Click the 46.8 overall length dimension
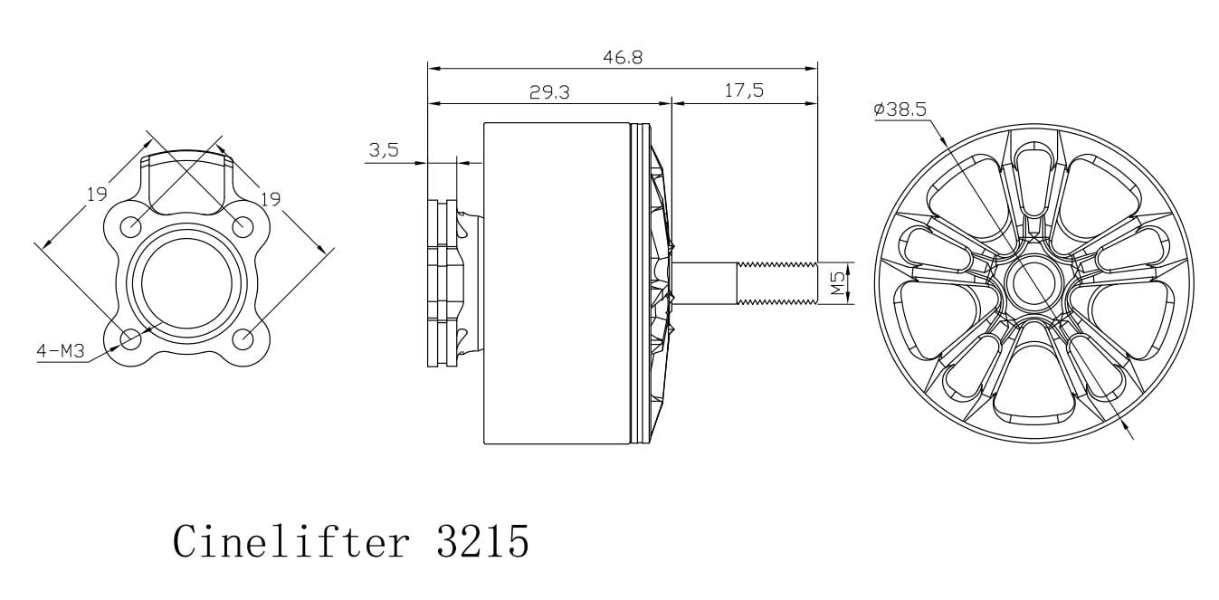click(622, 57)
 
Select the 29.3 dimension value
click(549, 91)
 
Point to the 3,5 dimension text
click(384, 150)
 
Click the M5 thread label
click(838, 283)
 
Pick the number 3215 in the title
click(482, 541)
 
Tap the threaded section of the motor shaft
click(777, 282)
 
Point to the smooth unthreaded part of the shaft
click(706, 282)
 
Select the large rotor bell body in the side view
click(557, 282)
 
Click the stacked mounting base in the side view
click(443, 282)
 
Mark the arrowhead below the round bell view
click(1126, 428)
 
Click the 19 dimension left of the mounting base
click(97, 193)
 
